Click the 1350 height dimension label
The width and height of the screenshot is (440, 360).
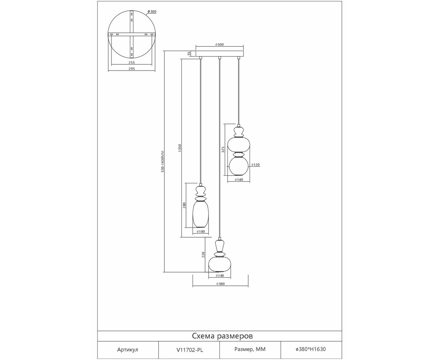click(x=180, y=148)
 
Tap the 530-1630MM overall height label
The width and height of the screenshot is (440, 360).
click(x=163, y=161)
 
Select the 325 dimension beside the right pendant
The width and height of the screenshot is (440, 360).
click(x=223, y=149)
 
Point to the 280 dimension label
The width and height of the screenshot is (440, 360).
click(x=184, y=205)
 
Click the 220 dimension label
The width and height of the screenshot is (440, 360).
click(x=203, y=255)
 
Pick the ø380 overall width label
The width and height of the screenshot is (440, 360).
click(x=221, y=284)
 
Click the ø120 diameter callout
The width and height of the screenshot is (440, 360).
click(x=255, y=165)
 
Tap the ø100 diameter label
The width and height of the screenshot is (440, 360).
click(x=201, y=231)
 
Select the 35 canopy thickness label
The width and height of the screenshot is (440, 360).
click(x=189, y=54)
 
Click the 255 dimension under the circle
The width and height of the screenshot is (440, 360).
click(x=132, y=62)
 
